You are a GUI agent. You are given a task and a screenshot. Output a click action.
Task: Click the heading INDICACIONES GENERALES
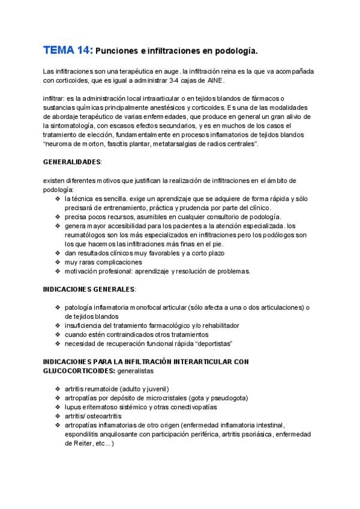coord(89,289)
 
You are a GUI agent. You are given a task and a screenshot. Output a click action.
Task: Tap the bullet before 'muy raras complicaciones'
coord(58,262)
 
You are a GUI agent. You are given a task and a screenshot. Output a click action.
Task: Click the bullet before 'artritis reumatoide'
coord(58,388)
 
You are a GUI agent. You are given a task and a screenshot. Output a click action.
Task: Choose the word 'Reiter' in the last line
coord(81,444)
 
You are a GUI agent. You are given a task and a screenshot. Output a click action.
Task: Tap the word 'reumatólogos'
coord(89,235)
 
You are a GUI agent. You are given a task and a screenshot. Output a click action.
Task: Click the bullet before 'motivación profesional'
coord(58,271)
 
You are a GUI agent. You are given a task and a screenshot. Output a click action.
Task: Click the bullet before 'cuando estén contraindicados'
coord(58,334)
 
